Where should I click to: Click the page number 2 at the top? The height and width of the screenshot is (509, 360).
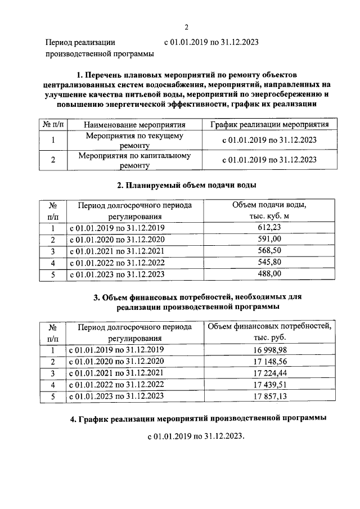tap(186, 26)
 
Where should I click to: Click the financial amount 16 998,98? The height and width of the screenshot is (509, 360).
tap(270, 350)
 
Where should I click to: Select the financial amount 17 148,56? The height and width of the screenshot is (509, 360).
tap(270, 362)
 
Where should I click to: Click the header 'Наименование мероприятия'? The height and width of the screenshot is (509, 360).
tap(134, 125)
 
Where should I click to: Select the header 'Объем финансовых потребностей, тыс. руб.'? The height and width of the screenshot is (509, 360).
tap(270, 332)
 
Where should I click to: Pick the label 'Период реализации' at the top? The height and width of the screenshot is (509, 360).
tap(80, 42)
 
